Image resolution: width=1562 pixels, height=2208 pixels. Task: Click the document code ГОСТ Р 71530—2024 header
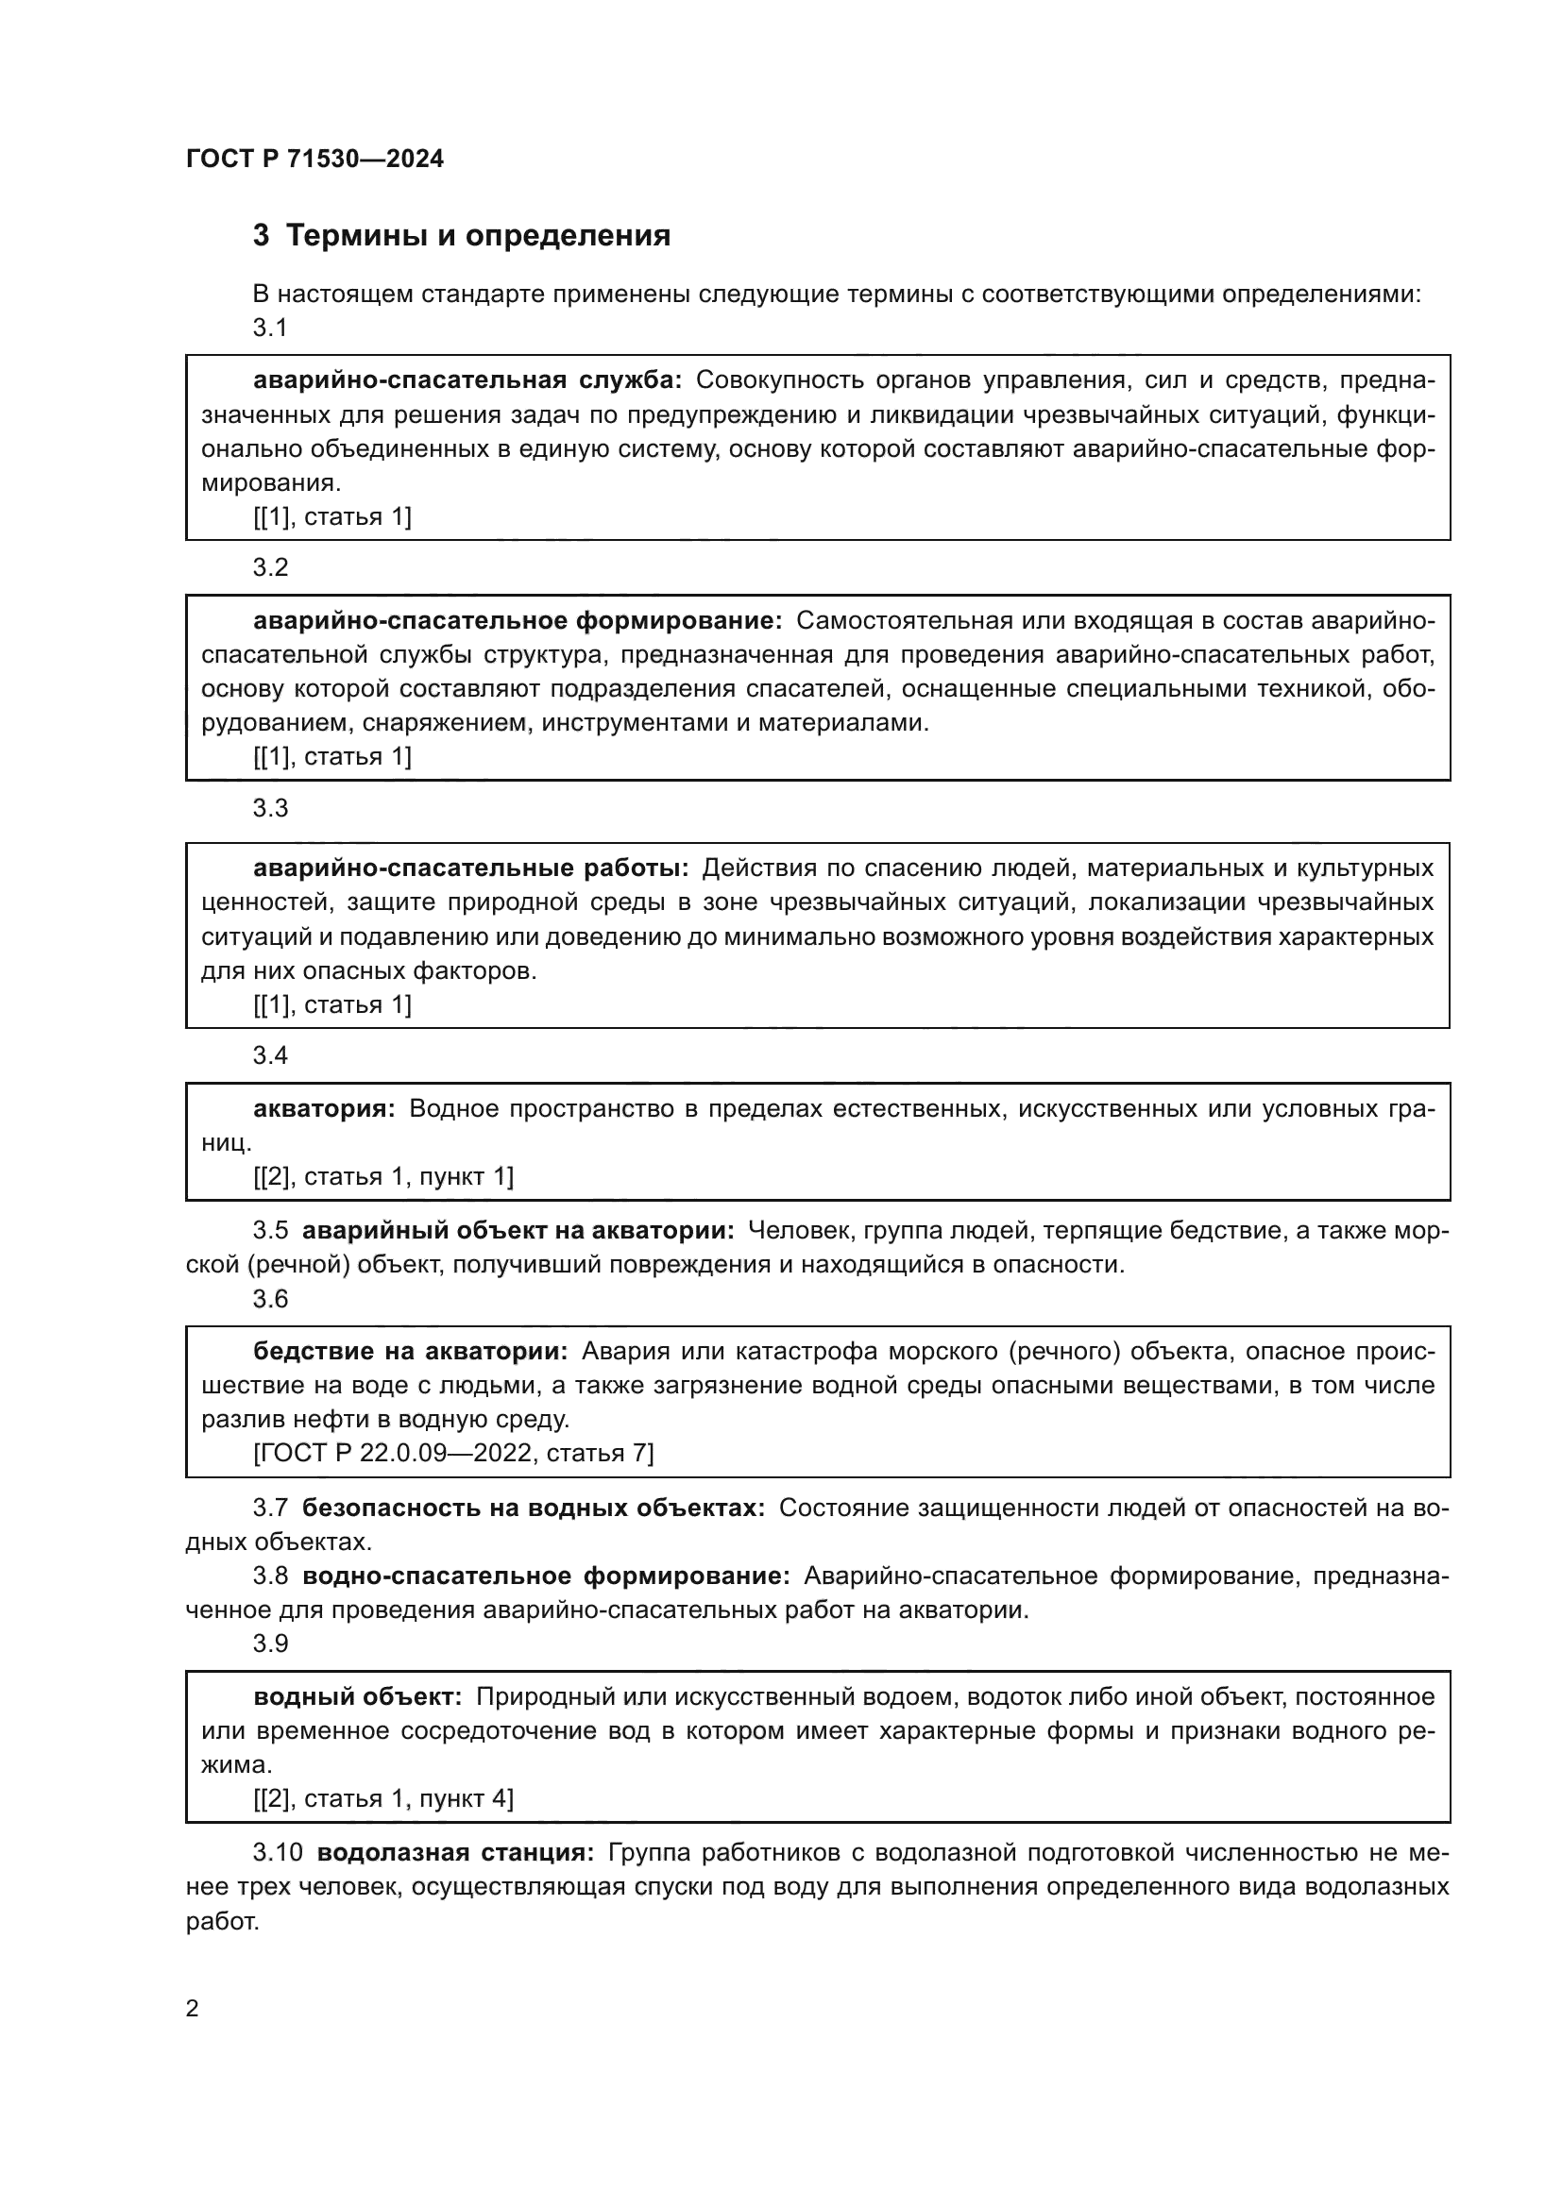[314, 160]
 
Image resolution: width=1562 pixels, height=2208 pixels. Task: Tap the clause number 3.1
[270, 328]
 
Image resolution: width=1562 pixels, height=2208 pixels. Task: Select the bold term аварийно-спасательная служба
[467, 380]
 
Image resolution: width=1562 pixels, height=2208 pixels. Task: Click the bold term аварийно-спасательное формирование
[518, 621]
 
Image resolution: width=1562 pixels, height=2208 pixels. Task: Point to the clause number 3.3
[270, 808]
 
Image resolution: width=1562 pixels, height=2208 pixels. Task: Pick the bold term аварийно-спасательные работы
[470, 868]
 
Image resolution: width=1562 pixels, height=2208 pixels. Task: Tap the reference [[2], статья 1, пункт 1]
[382, 1176]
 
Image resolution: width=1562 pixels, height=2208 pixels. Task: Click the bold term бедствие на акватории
[411, 1351]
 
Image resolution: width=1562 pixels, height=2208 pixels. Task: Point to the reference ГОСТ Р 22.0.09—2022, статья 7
[453, 1452]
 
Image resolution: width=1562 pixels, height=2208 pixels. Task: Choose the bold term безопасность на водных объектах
[533, 1508]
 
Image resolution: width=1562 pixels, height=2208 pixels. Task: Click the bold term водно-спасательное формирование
[545, 1576]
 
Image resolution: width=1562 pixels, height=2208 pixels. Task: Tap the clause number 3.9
[270, 1643]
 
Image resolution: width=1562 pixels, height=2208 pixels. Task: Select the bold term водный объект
[358, 1697]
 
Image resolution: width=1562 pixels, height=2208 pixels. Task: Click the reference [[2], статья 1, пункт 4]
[382, 1798]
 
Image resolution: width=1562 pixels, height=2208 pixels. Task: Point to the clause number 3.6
[270, 1299]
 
